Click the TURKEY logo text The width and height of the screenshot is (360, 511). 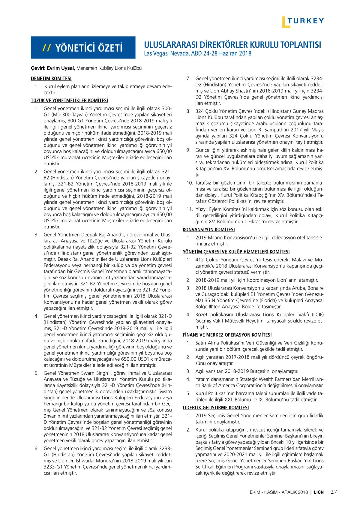[x=306, y=21]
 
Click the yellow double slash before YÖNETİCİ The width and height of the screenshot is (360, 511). [x=46, y=48]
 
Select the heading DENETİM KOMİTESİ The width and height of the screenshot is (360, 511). [x=51, y=79]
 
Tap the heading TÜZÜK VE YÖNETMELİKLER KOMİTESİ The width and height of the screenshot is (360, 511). [x=69, y=101]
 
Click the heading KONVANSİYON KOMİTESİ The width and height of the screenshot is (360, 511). [x=209, y=230]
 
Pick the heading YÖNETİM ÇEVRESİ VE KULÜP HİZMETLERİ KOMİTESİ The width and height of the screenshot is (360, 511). [x=236, y=252]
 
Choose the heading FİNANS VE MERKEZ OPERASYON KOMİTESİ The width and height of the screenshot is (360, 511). [x=227, y=335]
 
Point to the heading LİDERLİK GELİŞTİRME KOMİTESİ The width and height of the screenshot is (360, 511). [x=216, y=408]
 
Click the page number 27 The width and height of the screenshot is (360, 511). [x=334, y=492]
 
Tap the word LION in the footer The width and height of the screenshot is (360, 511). [x=319, y=492]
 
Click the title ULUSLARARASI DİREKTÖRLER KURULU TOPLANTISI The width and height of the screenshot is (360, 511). [x=232, y=45]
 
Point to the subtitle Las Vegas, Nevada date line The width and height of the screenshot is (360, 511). [x=198, y=54]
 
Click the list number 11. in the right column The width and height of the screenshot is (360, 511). [x=189, y=209]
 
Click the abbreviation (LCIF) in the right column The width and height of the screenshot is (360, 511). [x=317, y=315]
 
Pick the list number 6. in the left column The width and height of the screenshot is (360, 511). [x=36, y=449]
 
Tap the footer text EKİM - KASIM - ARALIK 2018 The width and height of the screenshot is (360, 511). [x=279, y=492]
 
